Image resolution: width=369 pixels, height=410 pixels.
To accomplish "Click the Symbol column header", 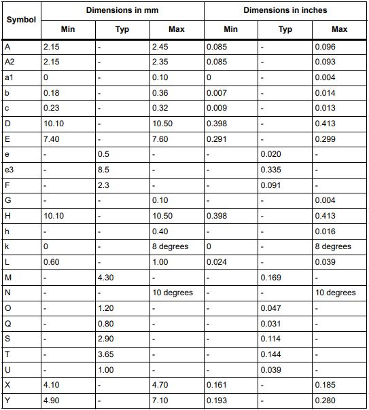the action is pyautogui.click(x=20, y=19).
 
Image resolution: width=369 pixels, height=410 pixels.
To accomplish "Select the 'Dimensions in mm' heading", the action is pyautogui.click(x=122, y=10).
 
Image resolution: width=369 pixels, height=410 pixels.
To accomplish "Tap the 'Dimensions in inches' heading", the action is pyautogui.click(x=285, y=10).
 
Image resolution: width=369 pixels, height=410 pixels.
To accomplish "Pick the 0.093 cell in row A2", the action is pyautogui.click(x=325, y=62).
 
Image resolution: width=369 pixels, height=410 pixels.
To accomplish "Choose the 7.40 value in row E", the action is pyautogui.click(x=52, y=139).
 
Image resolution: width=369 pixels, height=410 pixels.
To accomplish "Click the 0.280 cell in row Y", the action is pyautogui.click(x=325, y=400).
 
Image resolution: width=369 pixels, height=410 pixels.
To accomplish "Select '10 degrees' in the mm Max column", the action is pyautogui.click(x=173, y=293).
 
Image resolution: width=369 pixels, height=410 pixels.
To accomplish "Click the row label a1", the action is pyautogui.click(x=9, y=78).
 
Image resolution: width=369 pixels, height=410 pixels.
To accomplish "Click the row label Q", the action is pyautogui.click(x=7, y=324).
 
